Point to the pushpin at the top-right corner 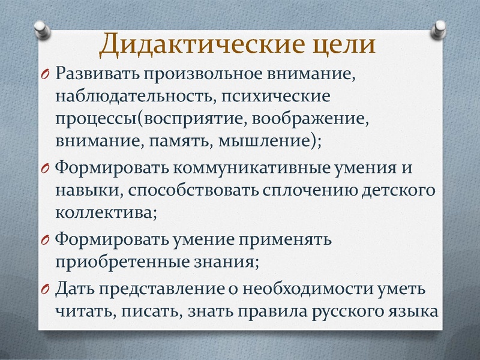tap(440, 27)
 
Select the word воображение tap(319, 119)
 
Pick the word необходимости tap(282, 289)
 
